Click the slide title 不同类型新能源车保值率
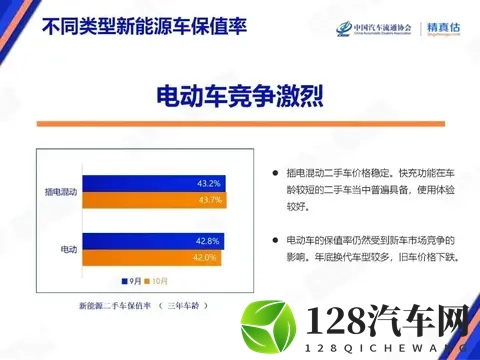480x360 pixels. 131,22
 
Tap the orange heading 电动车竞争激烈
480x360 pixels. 240,96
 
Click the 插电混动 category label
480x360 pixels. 62,191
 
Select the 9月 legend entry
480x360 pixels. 130,281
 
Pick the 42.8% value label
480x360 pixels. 207,240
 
